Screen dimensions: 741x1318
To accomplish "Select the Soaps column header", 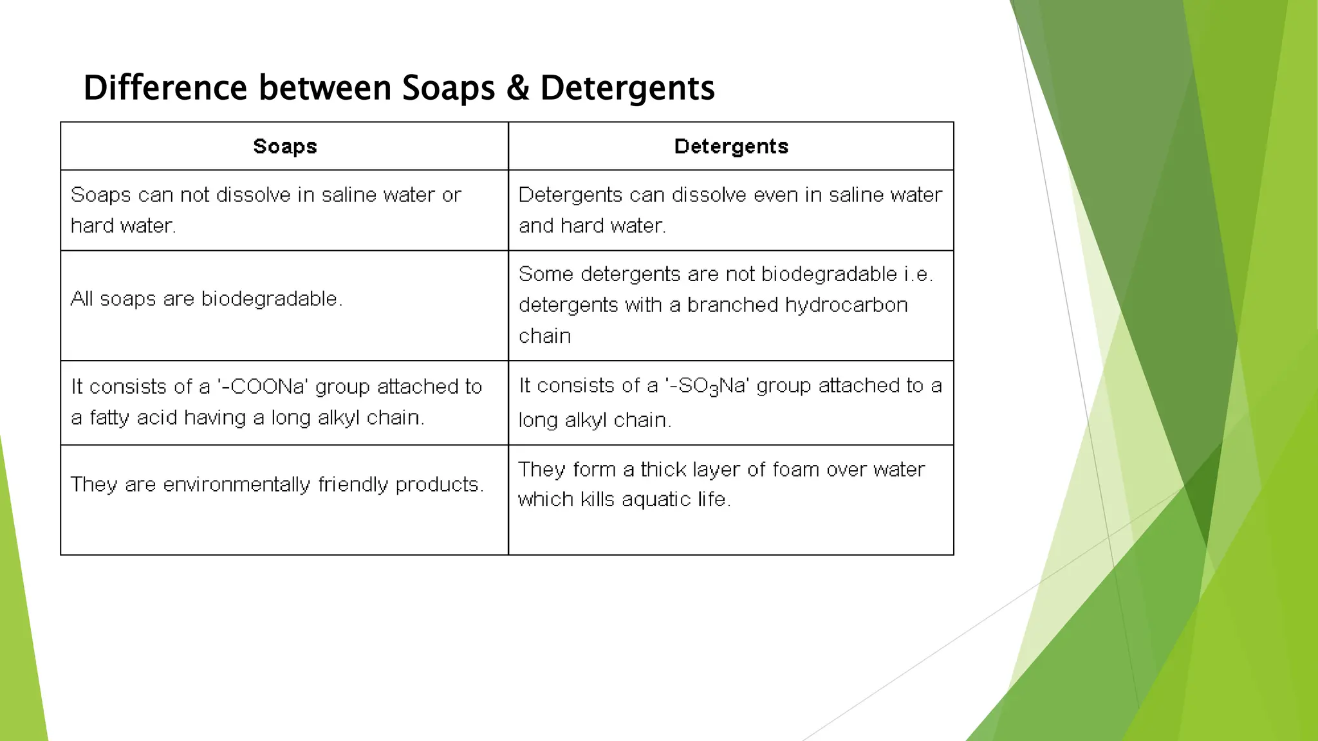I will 285,146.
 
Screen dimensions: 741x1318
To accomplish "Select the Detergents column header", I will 731,146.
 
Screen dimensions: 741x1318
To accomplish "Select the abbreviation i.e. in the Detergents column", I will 918,275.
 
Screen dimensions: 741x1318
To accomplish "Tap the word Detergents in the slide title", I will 627,88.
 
